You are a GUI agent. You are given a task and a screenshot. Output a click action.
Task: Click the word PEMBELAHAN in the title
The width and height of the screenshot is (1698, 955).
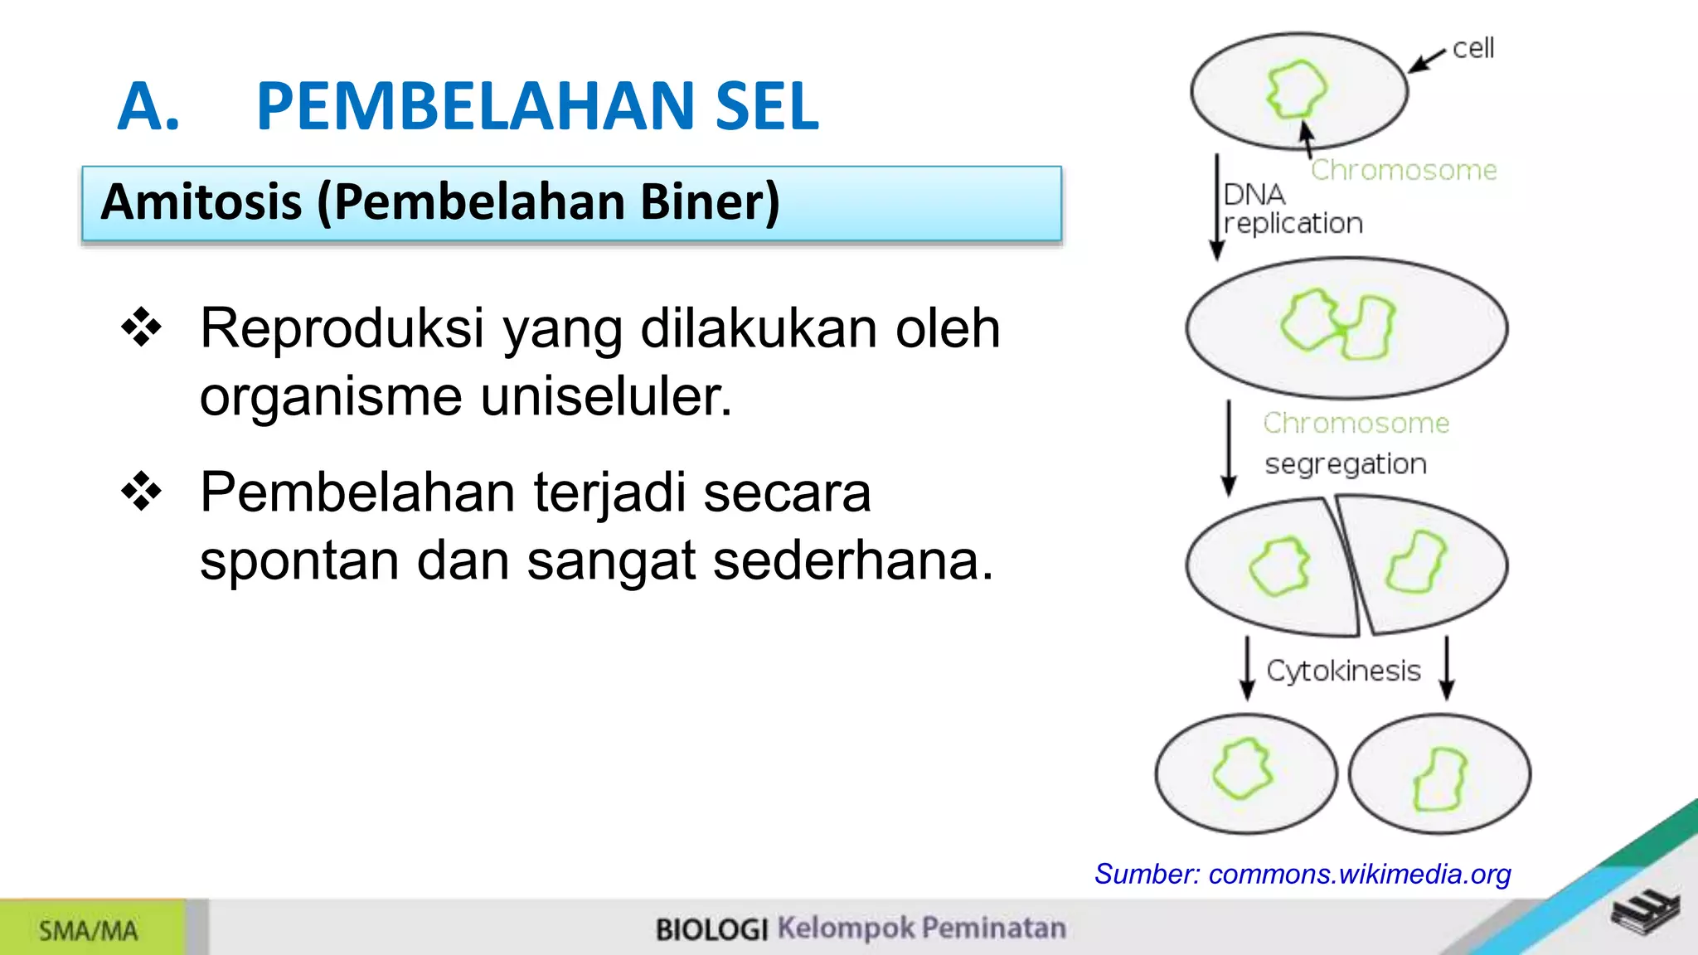476,106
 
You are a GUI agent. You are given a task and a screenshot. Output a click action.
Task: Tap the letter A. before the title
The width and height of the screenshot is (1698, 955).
148,106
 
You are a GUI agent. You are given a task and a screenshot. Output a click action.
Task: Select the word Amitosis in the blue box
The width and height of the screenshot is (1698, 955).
201,202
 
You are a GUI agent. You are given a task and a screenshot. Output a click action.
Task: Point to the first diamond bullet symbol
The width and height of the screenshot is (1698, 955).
142,327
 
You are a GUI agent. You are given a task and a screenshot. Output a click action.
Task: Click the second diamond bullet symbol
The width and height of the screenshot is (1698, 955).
142,492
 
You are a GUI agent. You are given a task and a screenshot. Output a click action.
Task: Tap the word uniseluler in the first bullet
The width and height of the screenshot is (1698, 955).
606,396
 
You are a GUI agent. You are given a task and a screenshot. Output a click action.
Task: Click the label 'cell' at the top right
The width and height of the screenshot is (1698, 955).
1473,48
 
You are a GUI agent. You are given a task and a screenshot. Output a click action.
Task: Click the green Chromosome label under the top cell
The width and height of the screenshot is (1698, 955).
1404,170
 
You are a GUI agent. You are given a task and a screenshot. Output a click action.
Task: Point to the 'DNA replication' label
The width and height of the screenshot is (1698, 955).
1292,209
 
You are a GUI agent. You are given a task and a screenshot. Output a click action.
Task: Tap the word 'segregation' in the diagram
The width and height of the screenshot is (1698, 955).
1346,464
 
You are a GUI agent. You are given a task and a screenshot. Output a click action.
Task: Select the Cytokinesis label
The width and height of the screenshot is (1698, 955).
1343,670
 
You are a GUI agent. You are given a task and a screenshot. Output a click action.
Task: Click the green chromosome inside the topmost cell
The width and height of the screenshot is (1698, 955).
1296,89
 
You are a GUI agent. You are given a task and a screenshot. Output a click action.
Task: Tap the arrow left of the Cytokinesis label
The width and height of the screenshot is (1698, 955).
1247,668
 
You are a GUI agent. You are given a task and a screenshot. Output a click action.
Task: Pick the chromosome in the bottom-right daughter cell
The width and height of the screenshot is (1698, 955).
1440,778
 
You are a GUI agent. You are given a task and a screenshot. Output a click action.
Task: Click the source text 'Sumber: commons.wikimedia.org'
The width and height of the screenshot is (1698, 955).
1302,874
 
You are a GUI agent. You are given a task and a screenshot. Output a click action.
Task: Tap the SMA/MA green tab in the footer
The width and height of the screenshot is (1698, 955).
90,930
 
